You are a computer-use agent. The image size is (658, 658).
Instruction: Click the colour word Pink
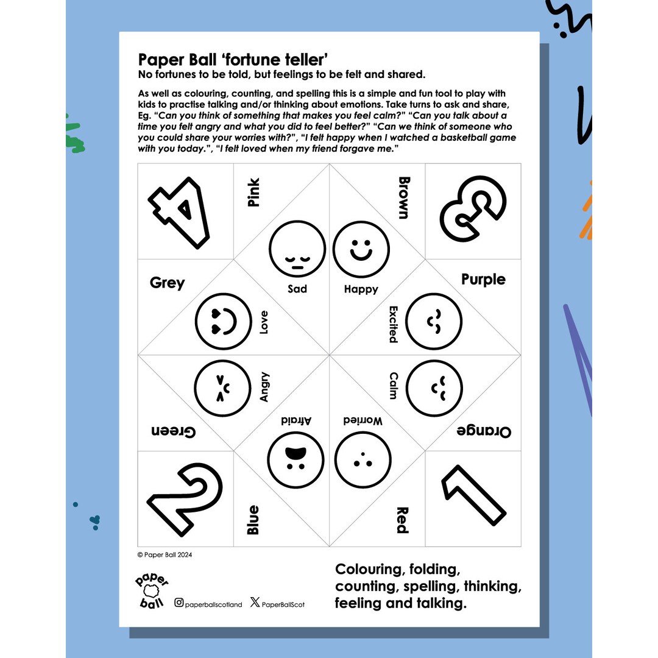pyautogui.click(x=253, y=193)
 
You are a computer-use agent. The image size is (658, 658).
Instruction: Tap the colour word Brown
pyautogui.click(x=403, y=197)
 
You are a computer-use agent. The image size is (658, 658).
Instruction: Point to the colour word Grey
pyautogui.click(x=167, y=283)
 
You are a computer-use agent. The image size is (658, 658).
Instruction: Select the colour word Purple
pyautogui.click(x=483, y=280)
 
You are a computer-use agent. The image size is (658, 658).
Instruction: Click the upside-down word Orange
pyautogui.click(x=484, y=431)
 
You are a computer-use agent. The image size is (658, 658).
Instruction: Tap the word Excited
pyautogui.click(x=393, y=324)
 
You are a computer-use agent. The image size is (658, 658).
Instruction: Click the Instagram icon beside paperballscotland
pyautogui.click(x=179, y=603)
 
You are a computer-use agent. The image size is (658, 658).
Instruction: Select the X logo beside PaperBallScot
pyautogui.click(x=255, y=603)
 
